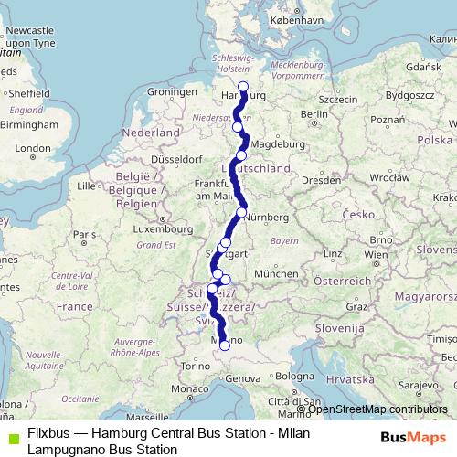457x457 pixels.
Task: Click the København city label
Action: pos(297,18)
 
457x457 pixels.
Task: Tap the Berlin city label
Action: pos(314,114)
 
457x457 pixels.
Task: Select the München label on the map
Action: pos(275,273)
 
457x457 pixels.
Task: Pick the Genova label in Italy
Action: pos(244,377)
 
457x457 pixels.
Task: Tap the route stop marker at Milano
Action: pos(225,345)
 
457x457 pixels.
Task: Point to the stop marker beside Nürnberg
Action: pos(241,213)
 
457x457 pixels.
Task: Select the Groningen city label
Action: pos(172,92)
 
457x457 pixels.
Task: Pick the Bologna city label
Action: pos(295,377)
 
